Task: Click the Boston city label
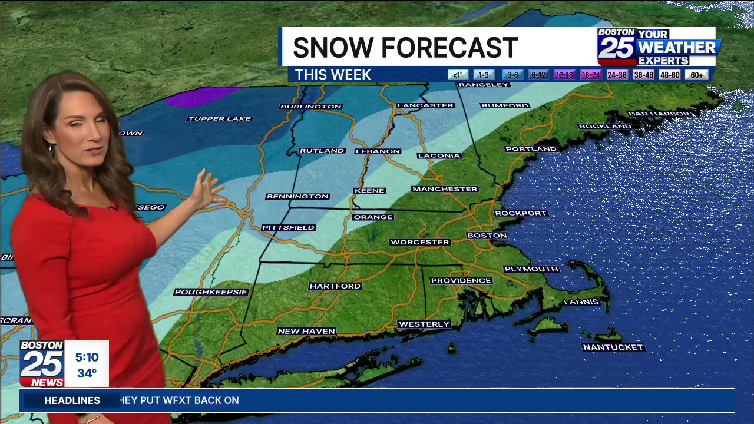pos(487,236)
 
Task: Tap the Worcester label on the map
pos(419,242)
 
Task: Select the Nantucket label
pos(613,347)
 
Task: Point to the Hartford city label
pos(335,286)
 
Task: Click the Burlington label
pos(311,107)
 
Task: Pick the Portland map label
pos(531,149)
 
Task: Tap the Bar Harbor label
pos(659,114)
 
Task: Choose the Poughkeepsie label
pos(211,292)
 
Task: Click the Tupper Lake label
pos(219,119)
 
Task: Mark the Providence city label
pos(461,281)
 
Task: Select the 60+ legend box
pos(696,75)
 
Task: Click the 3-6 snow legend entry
pos(512,75)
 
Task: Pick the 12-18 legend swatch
pos(564,75)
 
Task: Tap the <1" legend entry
pos(458,75)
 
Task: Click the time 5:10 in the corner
pos(87,357)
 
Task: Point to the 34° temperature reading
pos(87,373)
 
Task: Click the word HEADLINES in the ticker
pos(72,400)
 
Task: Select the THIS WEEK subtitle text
pos(333,75)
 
